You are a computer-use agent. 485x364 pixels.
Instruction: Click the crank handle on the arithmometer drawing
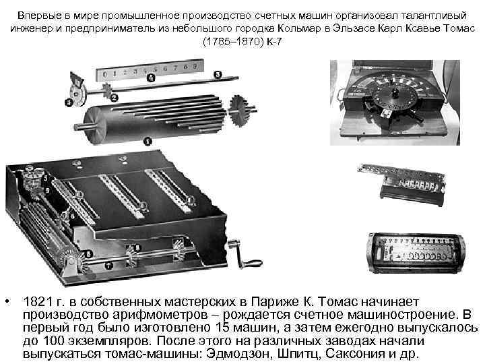pyautogui.click(x=244, y=260)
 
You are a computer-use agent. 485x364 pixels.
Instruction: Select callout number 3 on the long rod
pyautogui.click(x=218, y=73)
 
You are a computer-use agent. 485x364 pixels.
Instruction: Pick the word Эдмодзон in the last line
pyautogui.click(x=233, y=354)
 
